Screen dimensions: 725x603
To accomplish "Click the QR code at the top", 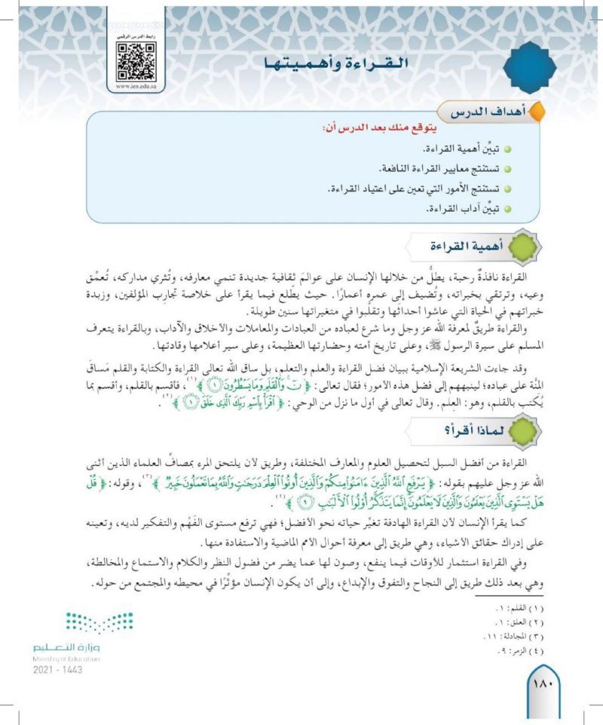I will [x=137, y=60].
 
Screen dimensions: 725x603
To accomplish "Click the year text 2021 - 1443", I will [x=60, y=668].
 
